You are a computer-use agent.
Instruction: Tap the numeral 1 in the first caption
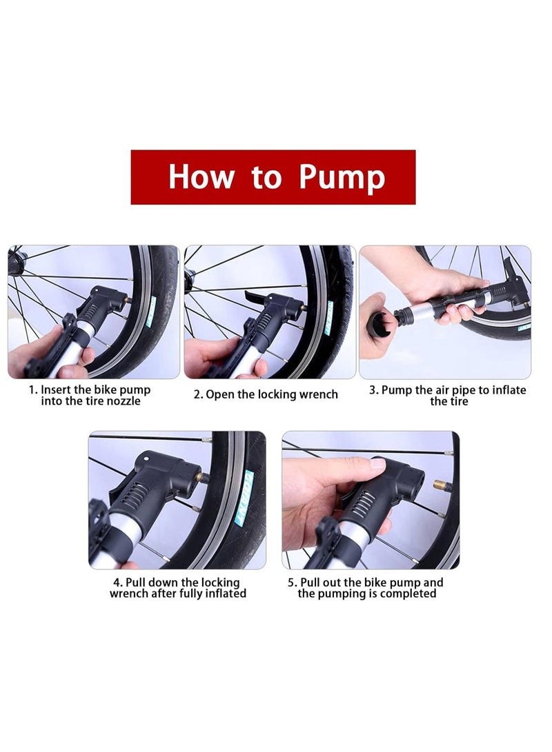point(32,390)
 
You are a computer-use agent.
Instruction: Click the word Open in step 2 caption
point(221,394)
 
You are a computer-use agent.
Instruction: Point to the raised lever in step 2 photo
point(255,298)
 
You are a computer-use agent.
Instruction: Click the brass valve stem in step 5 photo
point(438,487)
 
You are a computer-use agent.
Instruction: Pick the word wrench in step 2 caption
point(318,394)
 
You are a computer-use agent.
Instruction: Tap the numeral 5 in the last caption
point(291,582)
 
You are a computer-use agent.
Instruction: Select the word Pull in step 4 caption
point(138,582)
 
